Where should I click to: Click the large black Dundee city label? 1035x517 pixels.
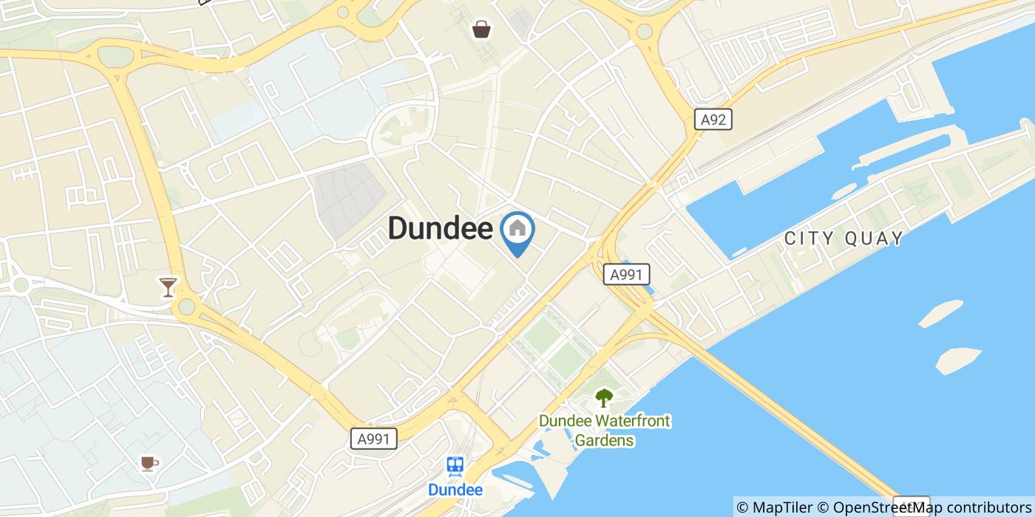440,228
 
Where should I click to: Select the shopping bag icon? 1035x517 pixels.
481,29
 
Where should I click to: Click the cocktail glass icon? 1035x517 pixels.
169,286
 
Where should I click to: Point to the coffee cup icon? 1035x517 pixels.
149,463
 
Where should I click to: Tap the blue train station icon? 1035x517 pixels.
455,465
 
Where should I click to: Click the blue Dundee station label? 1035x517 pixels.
455,490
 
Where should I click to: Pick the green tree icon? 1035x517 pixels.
604,398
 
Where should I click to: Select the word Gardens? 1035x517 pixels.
604,440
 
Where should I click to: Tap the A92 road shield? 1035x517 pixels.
713,120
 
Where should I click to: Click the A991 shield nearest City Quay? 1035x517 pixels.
626,275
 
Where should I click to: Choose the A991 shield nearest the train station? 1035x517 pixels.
373,439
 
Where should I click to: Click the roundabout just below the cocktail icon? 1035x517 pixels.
187,306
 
